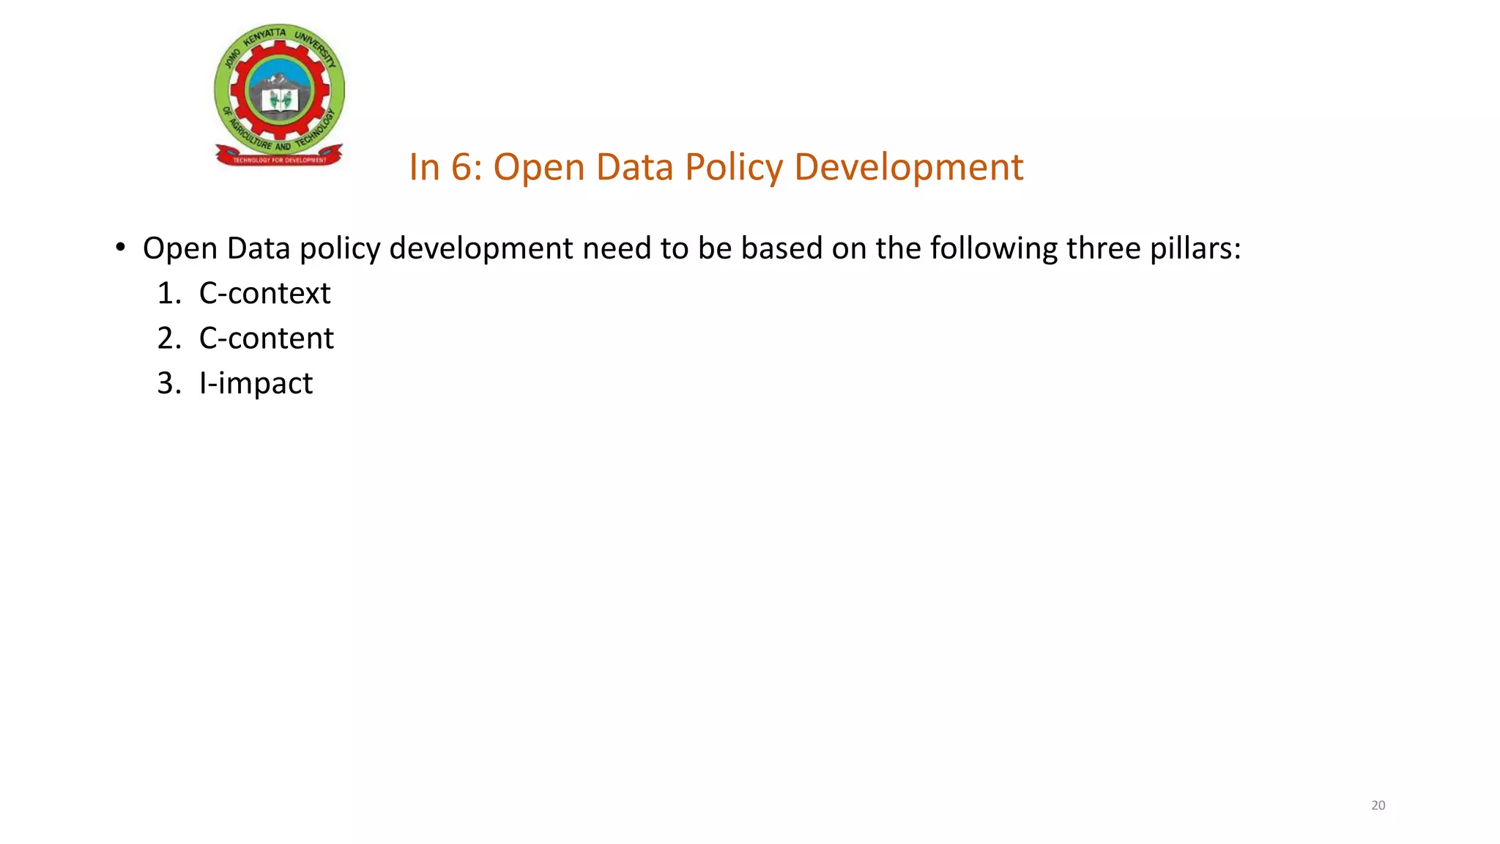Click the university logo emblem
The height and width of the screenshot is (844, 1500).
279,92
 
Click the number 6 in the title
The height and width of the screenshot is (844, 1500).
461,167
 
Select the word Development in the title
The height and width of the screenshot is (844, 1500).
908,168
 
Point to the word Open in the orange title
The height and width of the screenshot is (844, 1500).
538,168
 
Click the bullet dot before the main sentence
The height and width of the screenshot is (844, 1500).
121,247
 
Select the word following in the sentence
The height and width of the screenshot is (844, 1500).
993,248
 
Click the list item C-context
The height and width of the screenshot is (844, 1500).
264,293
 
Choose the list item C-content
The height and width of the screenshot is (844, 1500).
266,338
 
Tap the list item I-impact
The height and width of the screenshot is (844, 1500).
256,383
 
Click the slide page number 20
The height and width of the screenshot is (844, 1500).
1378,805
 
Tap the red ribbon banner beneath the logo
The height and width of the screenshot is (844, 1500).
279,158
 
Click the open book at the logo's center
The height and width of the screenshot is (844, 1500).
279,100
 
